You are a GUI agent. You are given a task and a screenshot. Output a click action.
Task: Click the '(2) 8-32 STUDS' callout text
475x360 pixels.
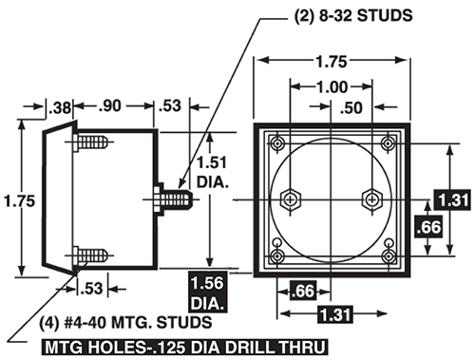353,15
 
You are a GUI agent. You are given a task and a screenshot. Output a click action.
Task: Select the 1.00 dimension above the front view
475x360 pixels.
332,86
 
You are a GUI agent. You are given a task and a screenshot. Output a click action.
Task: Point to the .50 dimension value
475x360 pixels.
351,108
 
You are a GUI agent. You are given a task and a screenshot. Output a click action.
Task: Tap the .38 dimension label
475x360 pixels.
60,107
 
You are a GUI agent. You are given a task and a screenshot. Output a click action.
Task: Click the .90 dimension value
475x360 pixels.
110,105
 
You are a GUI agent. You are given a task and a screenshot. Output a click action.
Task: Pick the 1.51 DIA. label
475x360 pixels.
213,172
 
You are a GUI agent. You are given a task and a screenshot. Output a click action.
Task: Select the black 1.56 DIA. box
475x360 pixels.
208,292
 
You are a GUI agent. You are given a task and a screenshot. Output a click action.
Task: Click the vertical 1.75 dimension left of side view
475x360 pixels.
20,201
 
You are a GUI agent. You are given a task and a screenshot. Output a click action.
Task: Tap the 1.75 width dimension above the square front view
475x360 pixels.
332,62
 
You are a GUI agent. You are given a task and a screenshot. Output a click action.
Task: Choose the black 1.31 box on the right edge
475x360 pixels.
452,200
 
